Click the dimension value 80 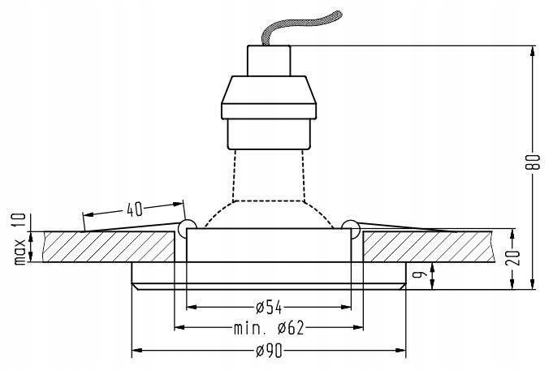tap(531, 162)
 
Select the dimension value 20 tap(512, 257)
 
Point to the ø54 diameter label tap(267, 308)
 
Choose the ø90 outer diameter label tap(267, 351)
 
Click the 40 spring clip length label tap(134, 209)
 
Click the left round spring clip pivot tap(186, 226)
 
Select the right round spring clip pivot tap(350, 226)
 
